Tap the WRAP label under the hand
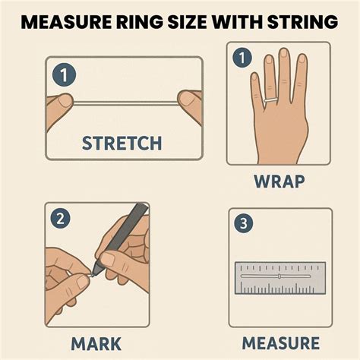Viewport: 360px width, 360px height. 279,182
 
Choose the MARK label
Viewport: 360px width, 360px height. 96,343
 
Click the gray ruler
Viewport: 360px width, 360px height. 279,278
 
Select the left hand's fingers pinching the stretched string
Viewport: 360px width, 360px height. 63,103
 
